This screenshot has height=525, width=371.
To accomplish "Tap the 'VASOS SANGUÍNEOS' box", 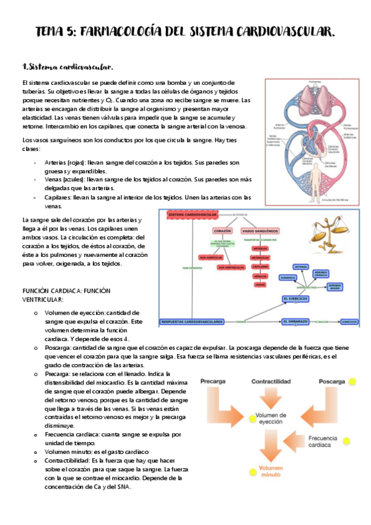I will (x=256, y=231).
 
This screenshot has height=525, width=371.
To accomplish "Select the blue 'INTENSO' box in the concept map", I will (x=300, y=267).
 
